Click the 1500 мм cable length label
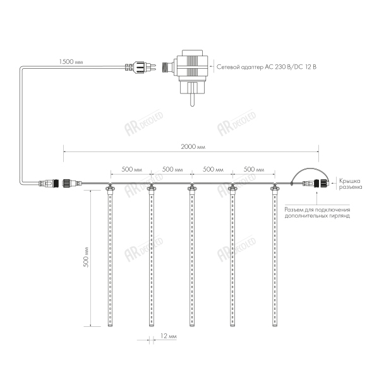(x=71, y=62)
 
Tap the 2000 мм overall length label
(x=193, y=146)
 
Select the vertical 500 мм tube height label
(x=86, y=257)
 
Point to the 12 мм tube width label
(x=168, y=336)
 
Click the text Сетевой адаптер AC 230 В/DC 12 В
(x=267, y=67)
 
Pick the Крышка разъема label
(x=350, y=184)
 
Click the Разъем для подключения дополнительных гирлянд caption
(x=317, y=213)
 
